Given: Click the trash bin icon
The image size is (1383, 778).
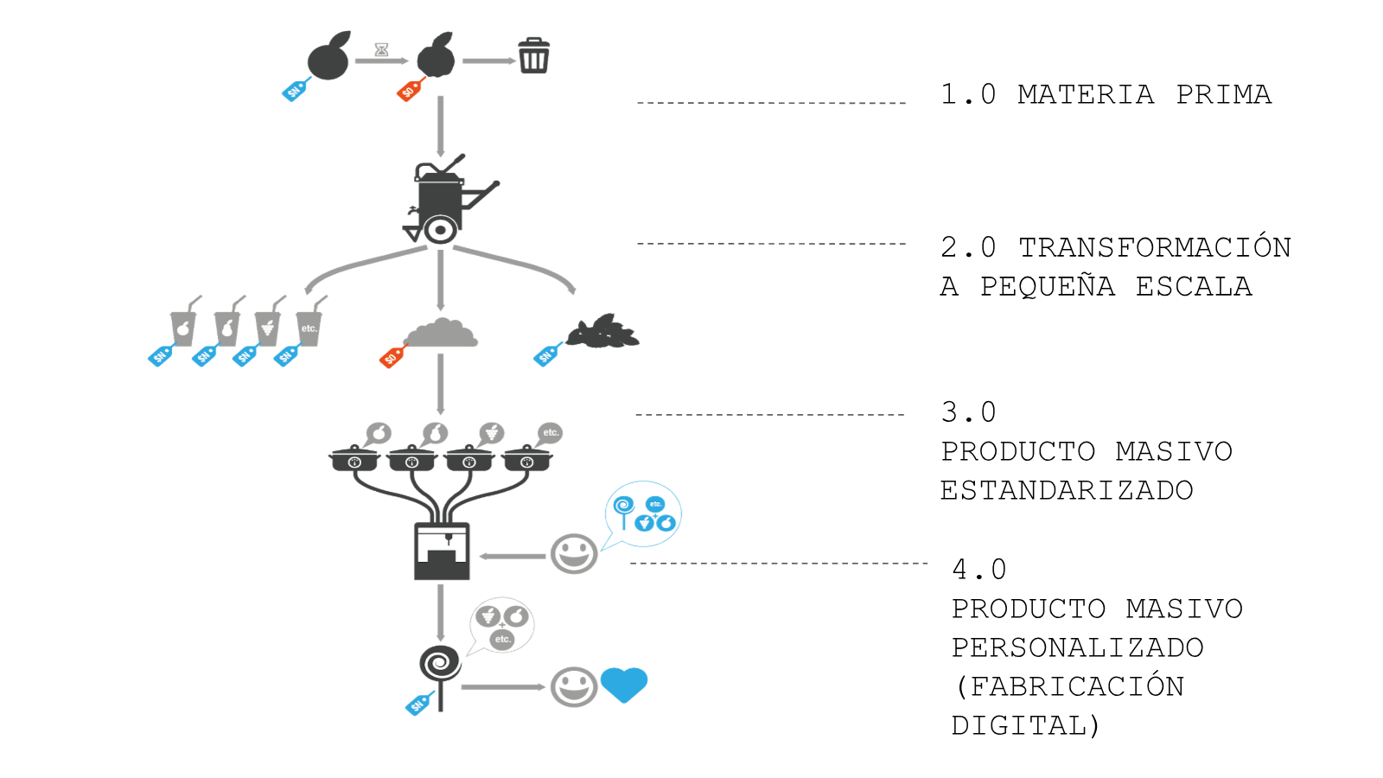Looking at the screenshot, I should tap(533, 56).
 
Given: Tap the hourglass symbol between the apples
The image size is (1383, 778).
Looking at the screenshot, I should tap(381, 50).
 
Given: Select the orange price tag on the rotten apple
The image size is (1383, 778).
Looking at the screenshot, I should tap(410, 89).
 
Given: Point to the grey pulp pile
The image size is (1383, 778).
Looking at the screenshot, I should tap(441, 333).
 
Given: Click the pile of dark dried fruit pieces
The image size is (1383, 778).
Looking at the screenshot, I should tap(603, 332).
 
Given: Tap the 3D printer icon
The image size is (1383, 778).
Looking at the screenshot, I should tap(442, 551).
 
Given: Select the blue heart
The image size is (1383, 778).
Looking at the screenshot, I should tap(623, 685).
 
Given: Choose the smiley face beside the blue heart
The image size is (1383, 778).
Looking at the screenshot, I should tap(574, 687).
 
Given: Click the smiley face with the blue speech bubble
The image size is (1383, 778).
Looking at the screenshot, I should tap(574, 553).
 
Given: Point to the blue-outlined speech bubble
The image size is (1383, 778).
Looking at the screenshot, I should tap(643, 514).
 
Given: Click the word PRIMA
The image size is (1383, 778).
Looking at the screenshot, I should tap(1223, 94).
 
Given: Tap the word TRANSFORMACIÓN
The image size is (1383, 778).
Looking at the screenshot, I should tap(1154, 247).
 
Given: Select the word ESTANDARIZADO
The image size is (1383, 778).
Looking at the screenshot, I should tap(1067, 490).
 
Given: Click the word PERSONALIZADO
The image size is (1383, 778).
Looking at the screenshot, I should tap(1077, 647).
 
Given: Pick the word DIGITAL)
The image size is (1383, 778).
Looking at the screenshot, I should tap(1025, 725).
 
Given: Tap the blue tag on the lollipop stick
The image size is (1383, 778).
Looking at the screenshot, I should tap(419, 704).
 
